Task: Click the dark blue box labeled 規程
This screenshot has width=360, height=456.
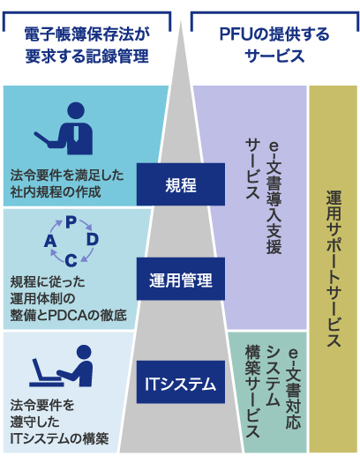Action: coord(181,184)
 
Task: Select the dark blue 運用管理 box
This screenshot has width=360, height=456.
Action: coord(181,279)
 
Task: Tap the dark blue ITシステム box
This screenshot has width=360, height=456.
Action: coord(181,382)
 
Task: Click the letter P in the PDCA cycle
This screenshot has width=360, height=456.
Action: coord(71,222)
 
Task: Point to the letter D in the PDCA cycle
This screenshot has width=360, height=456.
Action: coord(93,240)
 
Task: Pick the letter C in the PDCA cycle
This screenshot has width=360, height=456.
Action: coord(71,260)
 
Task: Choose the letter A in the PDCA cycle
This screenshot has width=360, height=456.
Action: coord(50,241)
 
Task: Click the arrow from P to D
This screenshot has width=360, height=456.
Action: coord(86,225)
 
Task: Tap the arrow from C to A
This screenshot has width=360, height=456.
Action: coord(56,255)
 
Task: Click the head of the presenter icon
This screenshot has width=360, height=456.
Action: coord(76,110)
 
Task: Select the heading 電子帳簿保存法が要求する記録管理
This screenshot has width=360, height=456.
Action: coord(87,45)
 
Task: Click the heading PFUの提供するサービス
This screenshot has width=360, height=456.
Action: coord(274,45)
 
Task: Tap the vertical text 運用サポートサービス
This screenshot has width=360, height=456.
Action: coord(334,269)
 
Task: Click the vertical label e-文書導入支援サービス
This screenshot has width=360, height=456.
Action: coord(264,198)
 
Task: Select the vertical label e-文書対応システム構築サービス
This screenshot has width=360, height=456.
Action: coord(274,391)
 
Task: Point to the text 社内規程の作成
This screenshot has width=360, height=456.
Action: coord(56,192)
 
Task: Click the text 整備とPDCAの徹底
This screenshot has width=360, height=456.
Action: coord(69,315)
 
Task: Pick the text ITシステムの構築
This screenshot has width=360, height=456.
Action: coord(59,438)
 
